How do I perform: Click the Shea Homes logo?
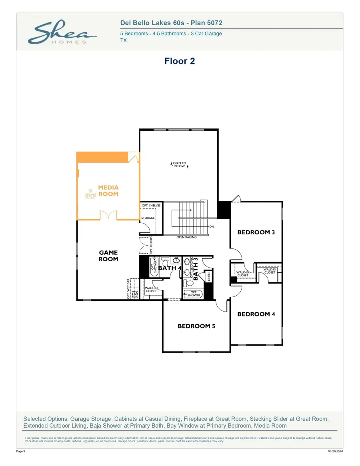coord(62,33)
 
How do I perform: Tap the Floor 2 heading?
coord(180,61)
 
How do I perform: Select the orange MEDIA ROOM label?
coord(108,190)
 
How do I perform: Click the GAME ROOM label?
coord(108,256)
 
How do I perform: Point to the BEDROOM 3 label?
coord(256,232)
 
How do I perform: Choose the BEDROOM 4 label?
coord(256,314)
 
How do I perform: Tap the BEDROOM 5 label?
coord(196,326)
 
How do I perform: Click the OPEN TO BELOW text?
coord(179,165)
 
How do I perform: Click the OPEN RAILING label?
coord(186,237)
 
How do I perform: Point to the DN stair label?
coord(212,226)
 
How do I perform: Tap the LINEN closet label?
coord(208,277)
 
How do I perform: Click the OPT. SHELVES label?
coord(151,206)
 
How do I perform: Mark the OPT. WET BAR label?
coord(128,289)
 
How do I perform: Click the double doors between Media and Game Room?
coord(108,216)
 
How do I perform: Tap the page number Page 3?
coord(21,451)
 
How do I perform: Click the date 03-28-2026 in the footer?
coord(335,451)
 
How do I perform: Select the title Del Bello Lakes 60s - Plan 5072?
coord(171,24)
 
